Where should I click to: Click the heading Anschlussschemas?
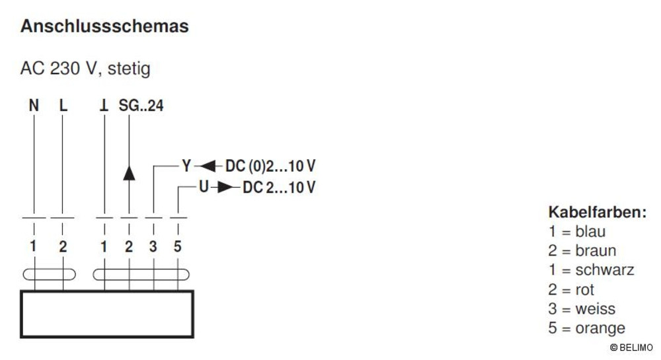(x=104, y=26)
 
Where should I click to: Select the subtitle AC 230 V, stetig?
(x=85, y=68)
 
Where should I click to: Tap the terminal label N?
(x=34, y=105)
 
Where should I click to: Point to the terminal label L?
(x=63, y=105)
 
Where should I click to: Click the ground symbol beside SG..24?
(x=104, y=105)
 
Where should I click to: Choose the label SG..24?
(x=141, y=105)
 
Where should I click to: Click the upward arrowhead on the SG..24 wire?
(x=129, y=172)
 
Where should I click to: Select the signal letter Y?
(x=186, y=166)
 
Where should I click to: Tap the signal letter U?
(x=204, y=186)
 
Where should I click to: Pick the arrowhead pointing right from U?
(x=225, y=187)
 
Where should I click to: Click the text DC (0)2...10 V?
(x=270, y=166)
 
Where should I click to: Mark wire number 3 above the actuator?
(x=153, y=246)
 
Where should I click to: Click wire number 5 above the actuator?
(x=177, y=246)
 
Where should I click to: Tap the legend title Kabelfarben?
(x=598, y=212)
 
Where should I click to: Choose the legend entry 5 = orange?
(x=586, y=328)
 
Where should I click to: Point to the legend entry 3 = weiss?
(x=582, y=308)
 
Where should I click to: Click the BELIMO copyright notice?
(x=631, y=347)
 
